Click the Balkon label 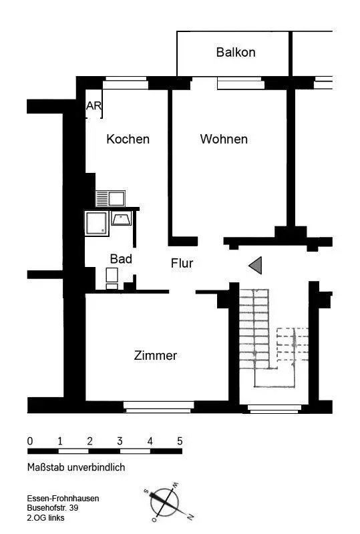(x=236, y=52)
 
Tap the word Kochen (x=128, y=139)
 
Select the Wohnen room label (x=224, y=139)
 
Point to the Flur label (x=182, y=263)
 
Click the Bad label (x=121, y=259)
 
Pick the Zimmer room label (x=156, y=355)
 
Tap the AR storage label (x=94, y=105)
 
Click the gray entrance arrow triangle (x=255, y=265)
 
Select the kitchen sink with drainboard (x=110, y=198)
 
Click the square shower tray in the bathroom (x=97, y=224)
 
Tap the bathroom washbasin (x=122, y=218)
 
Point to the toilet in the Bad (x=112, y=278)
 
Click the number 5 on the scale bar (x=180, y=441)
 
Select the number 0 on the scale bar (x=30, y=441)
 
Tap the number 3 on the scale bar (x=120, y=441)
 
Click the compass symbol (x=165, y=503)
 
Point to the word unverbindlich (x=96, y=467)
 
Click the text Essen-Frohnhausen (x=63, y=498)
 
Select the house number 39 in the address (x=73, y=508)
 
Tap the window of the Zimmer (x=158, y=407)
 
